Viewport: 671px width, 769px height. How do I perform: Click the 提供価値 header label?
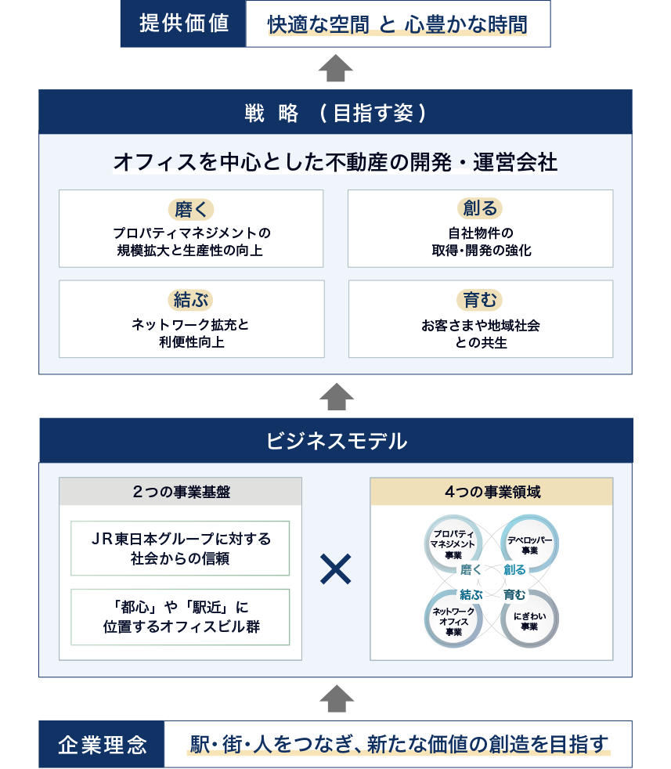tap(184, 23)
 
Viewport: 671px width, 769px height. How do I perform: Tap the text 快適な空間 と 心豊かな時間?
tap(397, 24)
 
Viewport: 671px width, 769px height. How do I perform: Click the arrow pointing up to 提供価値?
tap(336, 67)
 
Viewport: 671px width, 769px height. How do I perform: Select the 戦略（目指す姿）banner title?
tap(335, 113)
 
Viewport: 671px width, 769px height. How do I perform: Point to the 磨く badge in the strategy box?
tap(191, 209)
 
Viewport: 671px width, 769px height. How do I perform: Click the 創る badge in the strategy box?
tap(480, 208)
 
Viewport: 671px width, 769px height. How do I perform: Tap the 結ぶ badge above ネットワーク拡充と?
tap(191, 300)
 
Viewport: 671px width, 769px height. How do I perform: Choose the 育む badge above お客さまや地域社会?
tap(480, 300)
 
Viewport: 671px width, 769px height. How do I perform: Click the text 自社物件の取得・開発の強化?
tap(482, 241)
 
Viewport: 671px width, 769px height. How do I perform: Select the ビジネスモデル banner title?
tap(337, 440)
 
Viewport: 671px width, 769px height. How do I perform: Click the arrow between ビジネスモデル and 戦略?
tap(337, 396)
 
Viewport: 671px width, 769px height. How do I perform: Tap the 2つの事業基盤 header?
tap(181, 492)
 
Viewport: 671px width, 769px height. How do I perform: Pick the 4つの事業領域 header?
tap(492, 492)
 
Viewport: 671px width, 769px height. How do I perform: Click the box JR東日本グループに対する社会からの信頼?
tap(180, 548)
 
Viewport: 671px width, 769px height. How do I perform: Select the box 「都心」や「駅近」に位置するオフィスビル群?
tap(180, 617)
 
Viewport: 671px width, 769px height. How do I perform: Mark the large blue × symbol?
tap(335, 569)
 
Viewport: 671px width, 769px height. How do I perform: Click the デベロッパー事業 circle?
tap(530, 544)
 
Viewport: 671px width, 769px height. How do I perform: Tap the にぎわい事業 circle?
tap(530, 619)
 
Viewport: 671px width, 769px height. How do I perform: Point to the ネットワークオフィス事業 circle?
tap(453, 619)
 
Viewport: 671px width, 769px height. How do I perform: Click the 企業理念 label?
tap(102, 745)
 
